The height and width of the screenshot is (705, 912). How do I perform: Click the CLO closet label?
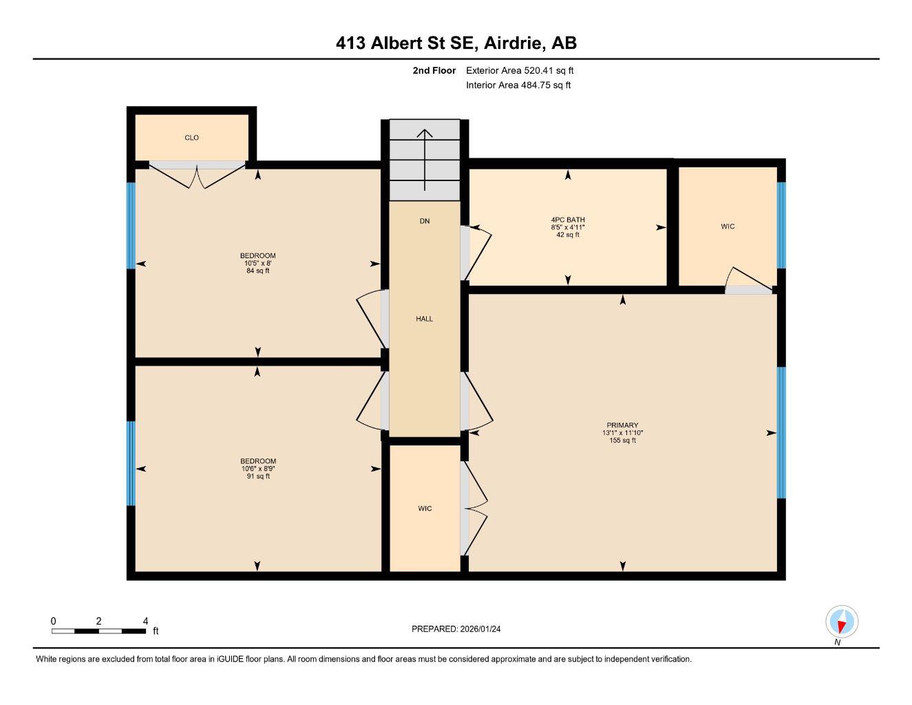(191, 138)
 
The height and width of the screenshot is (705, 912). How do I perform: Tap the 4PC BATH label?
(568, 220)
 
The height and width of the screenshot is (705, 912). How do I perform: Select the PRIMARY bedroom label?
(622, 425)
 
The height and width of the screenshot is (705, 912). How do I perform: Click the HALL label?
(424, 319)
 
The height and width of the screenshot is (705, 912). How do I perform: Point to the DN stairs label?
(425, 221)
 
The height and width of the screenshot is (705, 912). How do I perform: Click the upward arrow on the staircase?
(425, 159)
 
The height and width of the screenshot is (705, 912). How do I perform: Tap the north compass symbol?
(841, 622)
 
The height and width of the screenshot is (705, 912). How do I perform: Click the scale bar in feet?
(98, 630)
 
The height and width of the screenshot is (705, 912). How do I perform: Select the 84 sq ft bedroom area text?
(258, 271)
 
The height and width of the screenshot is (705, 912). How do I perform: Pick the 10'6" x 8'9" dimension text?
(258, 469)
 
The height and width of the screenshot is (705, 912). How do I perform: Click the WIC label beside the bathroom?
(728, 227)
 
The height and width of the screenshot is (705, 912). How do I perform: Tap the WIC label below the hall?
(425, 509)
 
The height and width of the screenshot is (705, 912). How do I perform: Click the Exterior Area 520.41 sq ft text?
(520, 70)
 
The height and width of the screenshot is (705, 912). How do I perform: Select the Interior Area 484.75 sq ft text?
(518, 85)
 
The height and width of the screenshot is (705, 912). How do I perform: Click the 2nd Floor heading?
(434, 70)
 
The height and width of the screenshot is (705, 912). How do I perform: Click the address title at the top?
(456, 43)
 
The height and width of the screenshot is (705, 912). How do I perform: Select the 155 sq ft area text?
(622, 441)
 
